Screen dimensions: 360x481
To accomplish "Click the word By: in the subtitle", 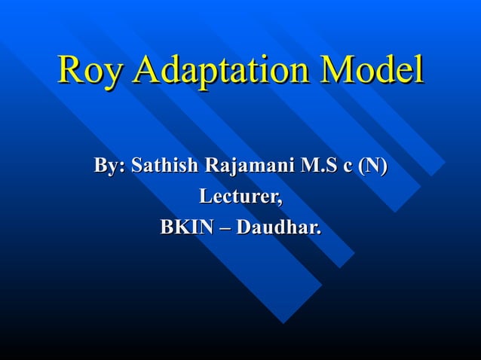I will pos(109,166).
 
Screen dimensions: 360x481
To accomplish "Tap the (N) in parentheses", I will pos(372,166).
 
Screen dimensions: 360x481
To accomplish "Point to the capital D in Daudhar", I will pos(244,226).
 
